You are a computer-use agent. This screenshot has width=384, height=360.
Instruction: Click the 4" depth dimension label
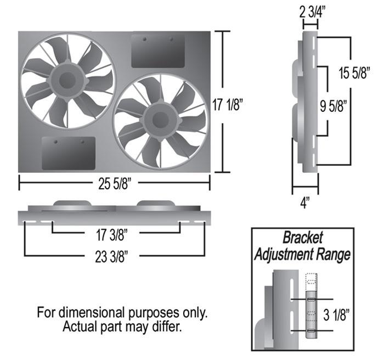tap(305, 202)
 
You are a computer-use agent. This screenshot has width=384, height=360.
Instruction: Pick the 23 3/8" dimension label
tap(115, 255)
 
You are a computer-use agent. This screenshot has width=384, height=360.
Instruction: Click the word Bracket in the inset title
tap(302, 238)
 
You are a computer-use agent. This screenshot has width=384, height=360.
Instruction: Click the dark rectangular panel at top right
tap(158, 50)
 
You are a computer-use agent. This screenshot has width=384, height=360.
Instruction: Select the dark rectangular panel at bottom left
tap(69, 153)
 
